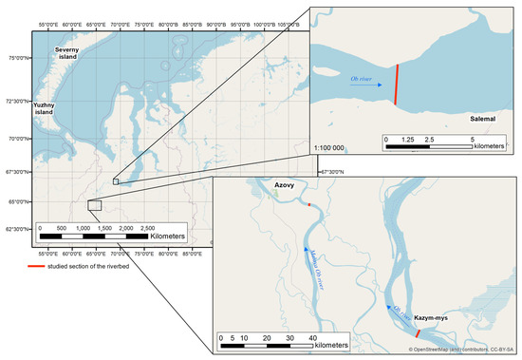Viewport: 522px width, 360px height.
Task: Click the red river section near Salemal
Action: [397, 83]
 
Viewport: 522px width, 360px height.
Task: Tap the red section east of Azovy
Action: [309, 204]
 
